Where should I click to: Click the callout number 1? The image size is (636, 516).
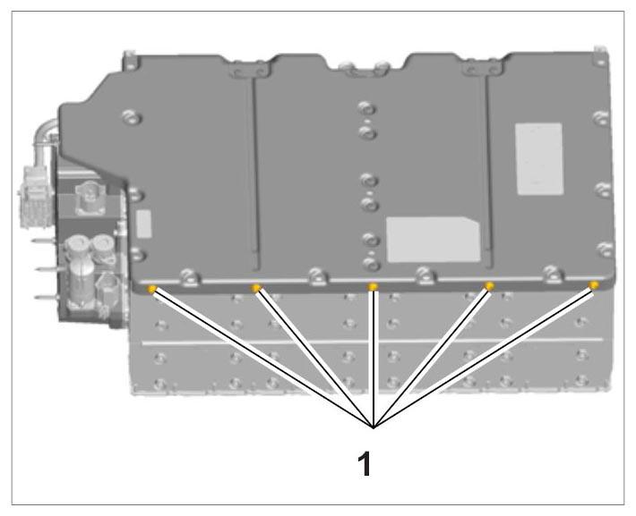click(x=365, y=463)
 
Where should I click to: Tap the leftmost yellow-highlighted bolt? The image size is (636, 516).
click(x=152, y=289)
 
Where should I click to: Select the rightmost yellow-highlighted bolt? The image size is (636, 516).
click(x=594, y=285)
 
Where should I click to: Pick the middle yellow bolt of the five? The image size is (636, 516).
click(x=373, y=287)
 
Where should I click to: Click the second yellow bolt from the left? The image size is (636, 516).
click(x=255, y=288)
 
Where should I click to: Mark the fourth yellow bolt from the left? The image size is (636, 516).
click(x=490, y=286)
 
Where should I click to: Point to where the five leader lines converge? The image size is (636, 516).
click(x=374, y=427)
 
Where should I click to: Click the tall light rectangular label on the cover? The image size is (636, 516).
click(x=539, y=159)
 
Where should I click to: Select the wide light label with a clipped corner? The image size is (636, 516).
click(x=433, y=239)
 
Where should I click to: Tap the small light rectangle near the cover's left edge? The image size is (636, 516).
click(x=144, y=224)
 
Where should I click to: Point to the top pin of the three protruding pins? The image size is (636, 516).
click(x=45, y=241)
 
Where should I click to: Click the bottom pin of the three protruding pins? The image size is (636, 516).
click(x=47, y=297)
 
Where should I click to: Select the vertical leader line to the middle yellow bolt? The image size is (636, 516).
click(x=374, y=358)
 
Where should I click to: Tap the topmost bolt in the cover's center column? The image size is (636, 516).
click(x=366, y=108)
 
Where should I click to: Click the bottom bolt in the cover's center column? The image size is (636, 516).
click(x=371, y=264)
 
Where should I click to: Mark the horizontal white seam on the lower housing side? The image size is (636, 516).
click(x=373, y=341)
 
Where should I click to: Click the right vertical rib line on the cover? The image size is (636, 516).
click(x=488, y=166)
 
